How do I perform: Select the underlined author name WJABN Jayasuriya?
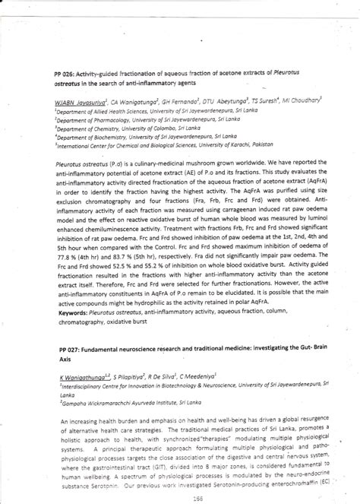tap(81, 100)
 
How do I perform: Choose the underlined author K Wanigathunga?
tap(81, 376)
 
